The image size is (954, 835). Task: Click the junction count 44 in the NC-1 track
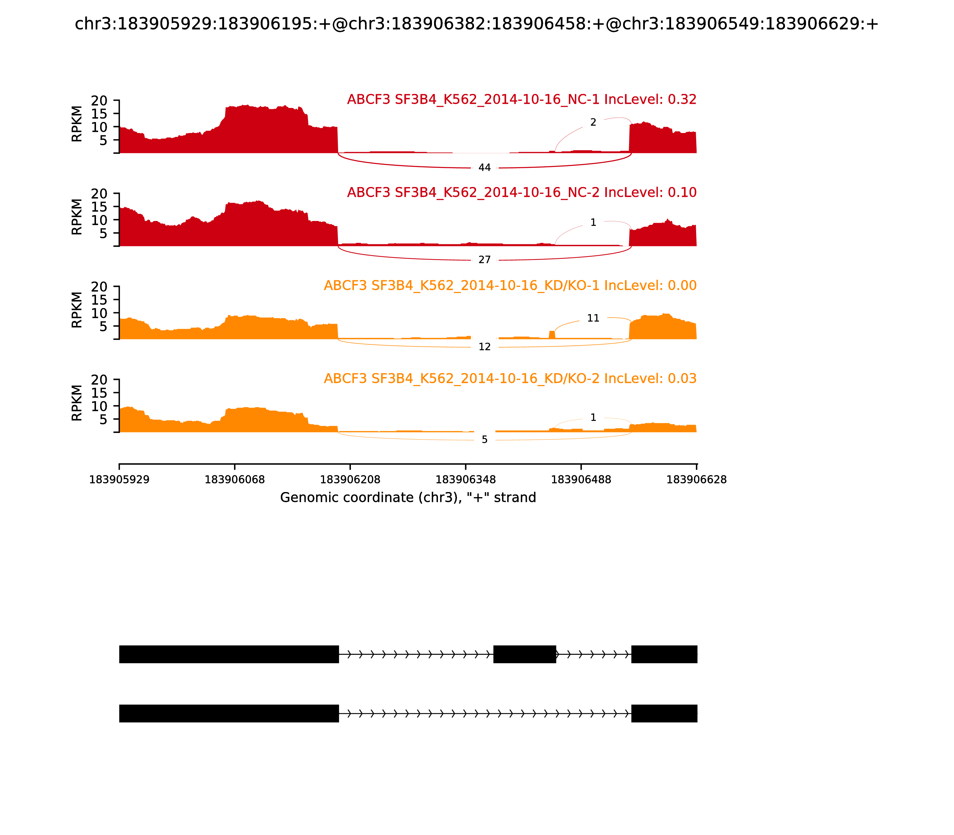[x=484, y=168]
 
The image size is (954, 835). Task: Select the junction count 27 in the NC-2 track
[x=484, y=260]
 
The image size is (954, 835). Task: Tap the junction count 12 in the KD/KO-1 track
[x=484, y=347]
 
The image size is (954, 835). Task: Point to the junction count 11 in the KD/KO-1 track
[x=593, y=318]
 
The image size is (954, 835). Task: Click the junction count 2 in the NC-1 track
[x=593, y=123]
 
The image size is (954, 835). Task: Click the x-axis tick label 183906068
[x=235, y=480]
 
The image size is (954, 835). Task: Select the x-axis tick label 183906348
[x=465, y=480]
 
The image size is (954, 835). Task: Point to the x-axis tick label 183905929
[x=119, y=480]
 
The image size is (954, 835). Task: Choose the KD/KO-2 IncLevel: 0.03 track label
[x=510, y=379]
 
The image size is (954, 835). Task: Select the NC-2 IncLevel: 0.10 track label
[x=522, y=192]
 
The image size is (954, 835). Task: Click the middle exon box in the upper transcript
[x=524, y=654]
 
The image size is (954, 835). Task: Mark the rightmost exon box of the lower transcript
[x=664, y=713]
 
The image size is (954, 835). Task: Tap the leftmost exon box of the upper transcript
[x=229, y=654]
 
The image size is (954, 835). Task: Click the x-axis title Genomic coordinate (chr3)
[x=408, y=498]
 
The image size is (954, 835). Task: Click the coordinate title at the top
[x=476, y=24]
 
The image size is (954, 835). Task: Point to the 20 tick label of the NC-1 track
[x=99, y=101]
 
